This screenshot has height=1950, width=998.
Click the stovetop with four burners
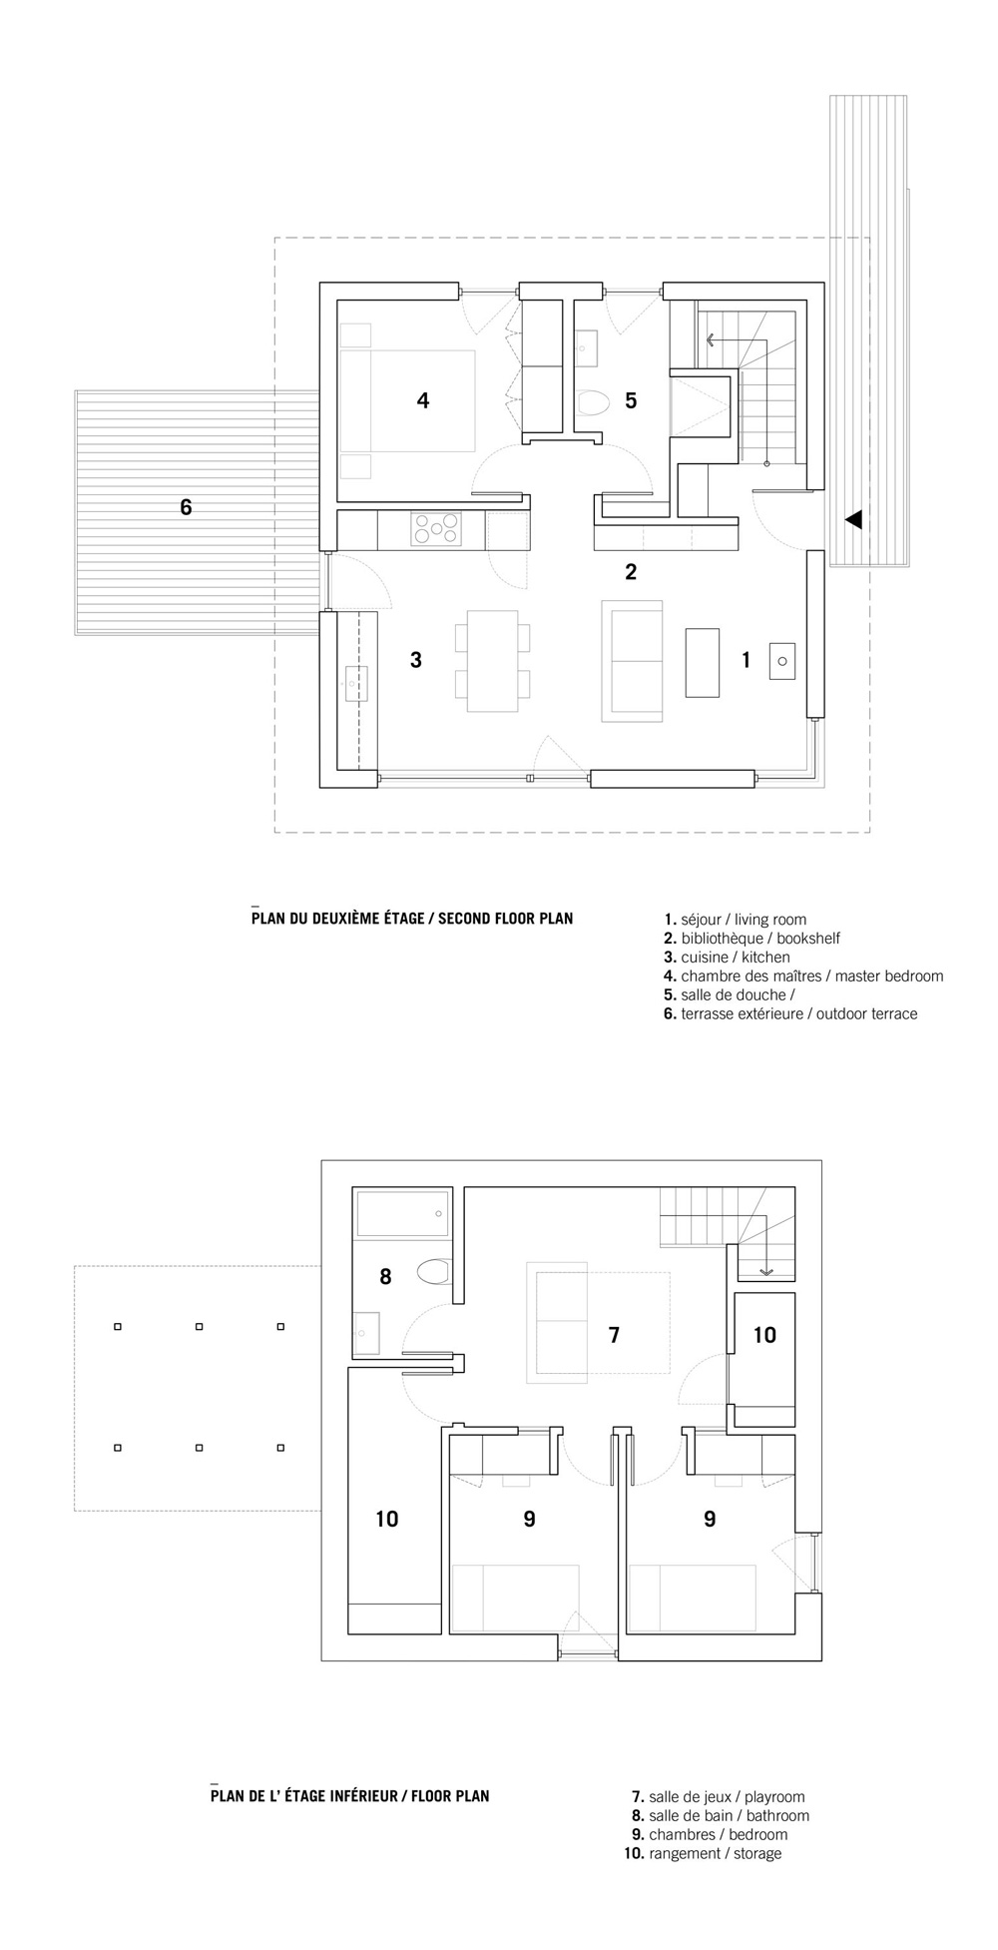[436, 529]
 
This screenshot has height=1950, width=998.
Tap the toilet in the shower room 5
[593, 403]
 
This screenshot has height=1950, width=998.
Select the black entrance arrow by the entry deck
[853, 520]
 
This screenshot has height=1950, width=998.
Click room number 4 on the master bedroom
[423, 400]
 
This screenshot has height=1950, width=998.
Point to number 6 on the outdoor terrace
[186, 507]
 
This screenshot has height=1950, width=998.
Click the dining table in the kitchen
[492, 661]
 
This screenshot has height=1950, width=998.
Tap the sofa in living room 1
[632, 661]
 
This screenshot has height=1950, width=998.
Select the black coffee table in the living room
[703, 662]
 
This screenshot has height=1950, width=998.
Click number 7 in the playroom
[614, 1335]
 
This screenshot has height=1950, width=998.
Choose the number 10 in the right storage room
[764, 1335]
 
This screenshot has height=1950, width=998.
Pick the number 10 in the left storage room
[387, 1519]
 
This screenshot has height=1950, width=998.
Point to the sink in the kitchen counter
[356, 685]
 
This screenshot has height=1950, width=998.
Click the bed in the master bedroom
[407, 400]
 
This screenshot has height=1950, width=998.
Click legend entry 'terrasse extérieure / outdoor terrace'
[790, 1014]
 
